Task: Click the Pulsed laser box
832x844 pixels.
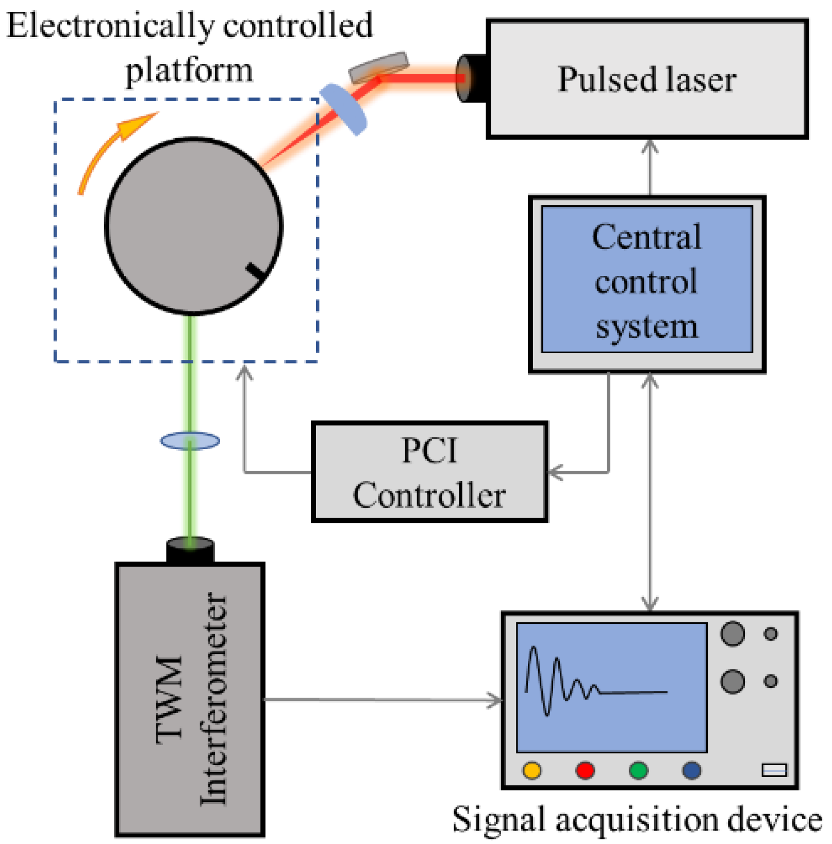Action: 646,79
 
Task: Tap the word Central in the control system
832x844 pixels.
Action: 646,237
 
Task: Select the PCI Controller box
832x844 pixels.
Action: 429,472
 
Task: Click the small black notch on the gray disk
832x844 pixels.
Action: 256,271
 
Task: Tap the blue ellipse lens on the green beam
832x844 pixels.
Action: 190,441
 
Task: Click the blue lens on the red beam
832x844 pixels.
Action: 343,109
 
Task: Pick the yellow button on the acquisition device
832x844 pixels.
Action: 532,770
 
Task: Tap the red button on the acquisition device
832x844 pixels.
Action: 585,770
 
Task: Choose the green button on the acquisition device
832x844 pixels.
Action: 638,770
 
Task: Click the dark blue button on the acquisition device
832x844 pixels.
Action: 691,770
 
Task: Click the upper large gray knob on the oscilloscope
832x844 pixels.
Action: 732,634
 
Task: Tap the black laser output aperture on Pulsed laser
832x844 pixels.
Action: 470,78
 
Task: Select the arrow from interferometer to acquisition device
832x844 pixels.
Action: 381,700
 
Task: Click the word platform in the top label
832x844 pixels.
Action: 189,71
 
